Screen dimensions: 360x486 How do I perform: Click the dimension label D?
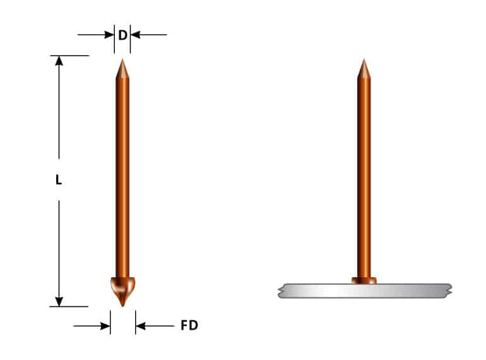pos(122,35)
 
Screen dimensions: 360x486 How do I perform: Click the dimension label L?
pos(59,180)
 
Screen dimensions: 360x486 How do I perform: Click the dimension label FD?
pos(189,326)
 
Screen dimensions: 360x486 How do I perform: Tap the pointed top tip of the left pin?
pos(122,61)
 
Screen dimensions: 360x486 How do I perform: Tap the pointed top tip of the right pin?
pos(364,61)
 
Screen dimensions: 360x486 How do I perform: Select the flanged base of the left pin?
pos(122,288)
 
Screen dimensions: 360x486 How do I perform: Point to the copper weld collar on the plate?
pos(364,280)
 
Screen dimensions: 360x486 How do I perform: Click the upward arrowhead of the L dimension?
pos(59,61)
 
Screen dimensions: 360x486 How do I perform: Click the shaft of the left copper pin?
pos(122,177)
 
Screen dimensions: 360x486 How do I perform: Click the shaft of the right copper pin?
pos(364,177)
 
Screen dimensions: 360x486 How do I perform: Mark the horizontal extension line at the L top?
pos(69,56)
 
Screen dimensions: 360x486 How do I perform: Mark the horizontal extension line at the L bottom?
pos(69,307)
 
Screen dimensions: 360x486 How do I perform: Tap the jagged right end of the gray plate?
pos(449,291)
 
